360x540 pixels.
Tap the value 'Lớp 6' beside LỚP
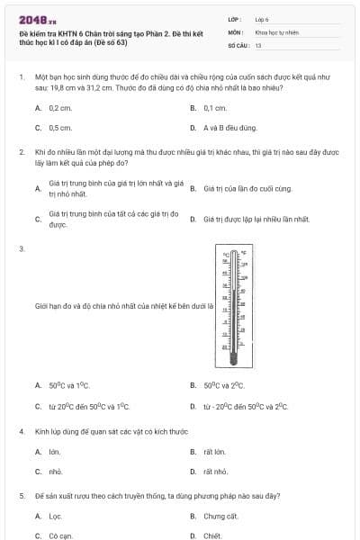coord(262,19)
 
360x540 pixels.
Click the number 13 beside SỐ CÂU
coord(258,44)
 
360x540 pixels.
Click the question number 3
coord(21,248)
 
